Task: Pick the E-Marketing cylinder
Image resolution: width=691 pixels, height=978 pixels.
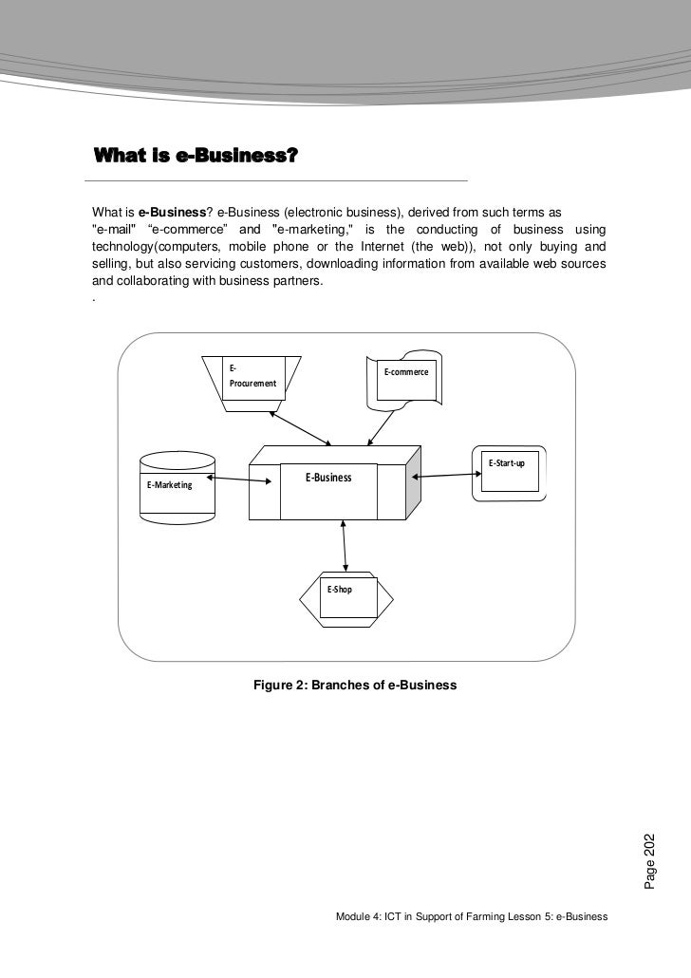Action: click(176, 485)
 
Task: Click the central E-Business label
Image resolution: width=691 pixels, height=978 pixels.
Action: click(327, 478)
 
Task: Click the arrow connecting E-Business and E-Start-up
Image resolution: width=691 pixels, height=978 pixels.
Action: click(442, 474)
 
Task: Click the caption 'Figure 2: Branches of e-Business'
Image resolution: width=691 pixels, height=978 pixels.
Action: click(355, 685)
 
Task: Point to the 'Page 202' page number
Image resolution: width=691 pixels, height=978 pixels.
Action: click(650, 860)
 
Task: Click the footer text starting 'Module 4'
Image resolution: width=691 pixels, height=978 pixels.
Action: click(472, 918)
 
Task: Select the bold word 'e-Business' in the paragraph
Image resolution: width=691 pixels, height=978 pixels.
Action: click(172, 210)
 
